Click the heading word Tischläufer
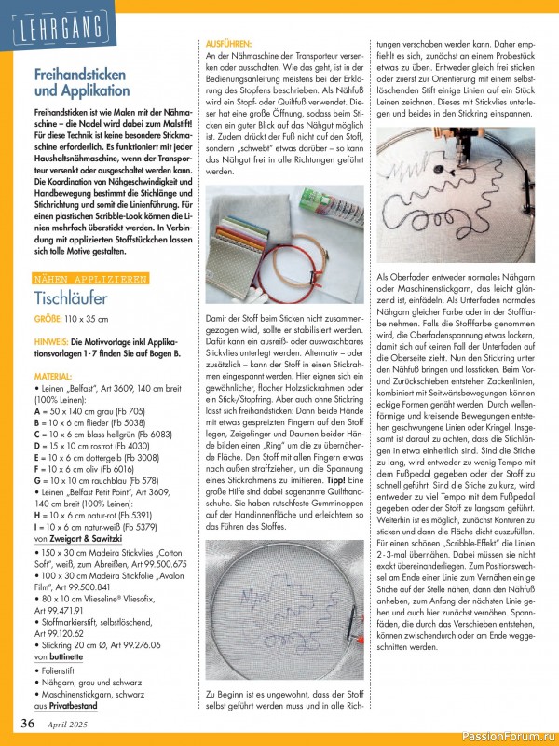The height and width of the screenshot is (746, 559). tap(71, 300)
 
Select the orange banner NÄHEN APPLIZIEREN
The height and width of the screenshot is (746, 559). tap(89, 278)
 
